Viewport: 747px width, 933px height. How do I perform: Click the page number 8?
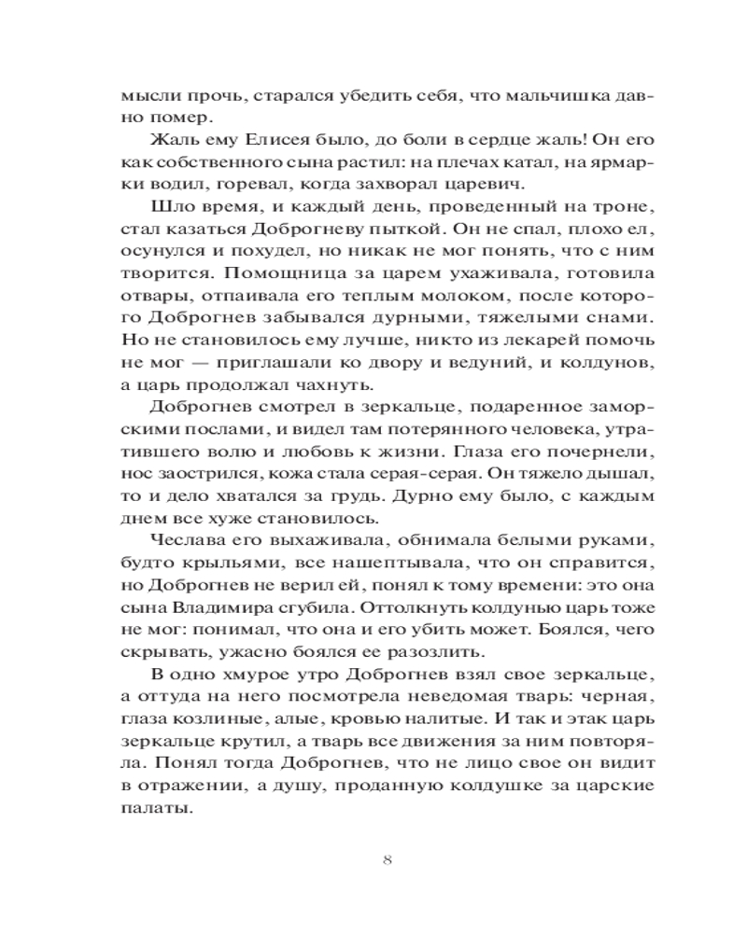pyautogui.click(x=387, y=859)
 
